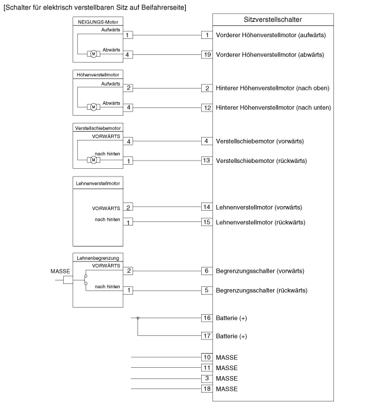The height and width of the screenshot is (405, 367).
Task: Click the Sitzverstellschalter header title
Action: click(x=273, y=19)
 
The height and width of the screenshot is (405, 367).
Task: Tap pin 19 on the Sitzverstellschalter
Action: click(x=207, y=55)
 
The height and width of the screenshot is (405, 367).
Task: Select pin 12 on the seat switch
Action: click(x=207, y=107)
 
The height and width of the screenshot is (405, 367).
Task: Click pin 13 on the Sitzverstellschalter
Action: click(x=207, y=161)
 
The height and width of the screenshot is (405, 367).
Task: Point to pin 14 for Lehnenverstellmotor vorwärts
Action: click(x=207, y=207)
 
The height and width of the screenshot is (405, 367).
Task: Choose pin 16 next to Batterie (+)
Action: click(x=207, y=318)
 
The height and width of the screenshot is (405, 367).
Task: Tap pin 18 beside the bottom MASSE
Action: click(x=207, y=388)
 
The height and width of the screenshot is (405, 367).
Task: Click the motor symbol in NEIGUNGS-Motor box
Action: click(x=93, y=54)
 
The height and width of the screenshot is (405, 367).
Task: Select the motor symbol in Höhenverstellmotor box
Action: click(x=93, y=107)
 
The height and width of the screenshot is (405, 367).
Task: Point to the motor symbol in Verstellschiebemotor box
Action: click(x=93, y=160)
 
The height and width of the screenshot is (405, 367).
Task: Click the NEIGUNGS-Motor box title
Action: click(x=98, y=22)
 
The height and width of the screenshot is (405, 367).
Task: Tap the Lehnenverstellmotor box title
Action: click(x=98, y=184)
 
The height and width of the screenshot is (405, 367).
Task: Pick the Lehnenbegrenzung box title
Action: click(x=98, y=258)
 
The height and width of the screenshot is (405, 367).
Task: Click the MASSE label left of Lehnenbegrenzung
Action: click(x=60, y=272)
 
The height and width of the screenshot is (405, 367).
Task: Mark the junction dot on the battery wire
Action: click(x=138, y=318)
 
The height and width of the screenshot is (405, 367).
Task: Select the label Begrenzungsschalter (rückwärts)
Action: click(x=261, y=290)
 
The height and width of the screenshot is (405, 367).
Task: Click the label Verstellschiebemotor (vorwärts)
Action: click(x=260, y=141)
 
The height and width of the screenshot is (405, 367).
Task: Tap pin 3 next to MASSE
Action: click(x=207, y=378)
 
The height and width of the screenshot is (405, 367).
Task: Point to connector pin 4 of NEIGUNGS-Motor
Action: click(x=127, y=55)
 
